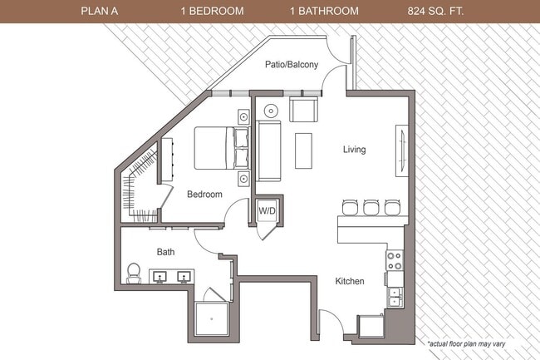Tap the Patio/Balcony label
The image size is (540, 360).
(x=290, y=66)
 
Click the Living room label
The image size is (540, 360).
(x=355, y=150)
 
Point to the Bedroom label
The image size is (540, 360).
(x=204, y=195)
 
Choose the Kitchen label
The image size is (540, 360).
(x=350, y=282)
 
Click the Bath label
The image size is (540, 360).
(x=165, y=251)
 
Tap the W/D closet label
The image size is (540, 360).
(x=267, y=211)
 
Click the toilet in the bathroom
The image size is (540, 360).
(x=134, y=272)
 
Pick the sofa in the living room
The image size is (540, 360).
(x=269, y=150)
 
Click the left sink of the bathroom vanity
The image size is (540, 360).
(x=160, y=274)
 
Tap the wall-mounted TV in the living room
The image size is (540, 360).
(x=402, y=150)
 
